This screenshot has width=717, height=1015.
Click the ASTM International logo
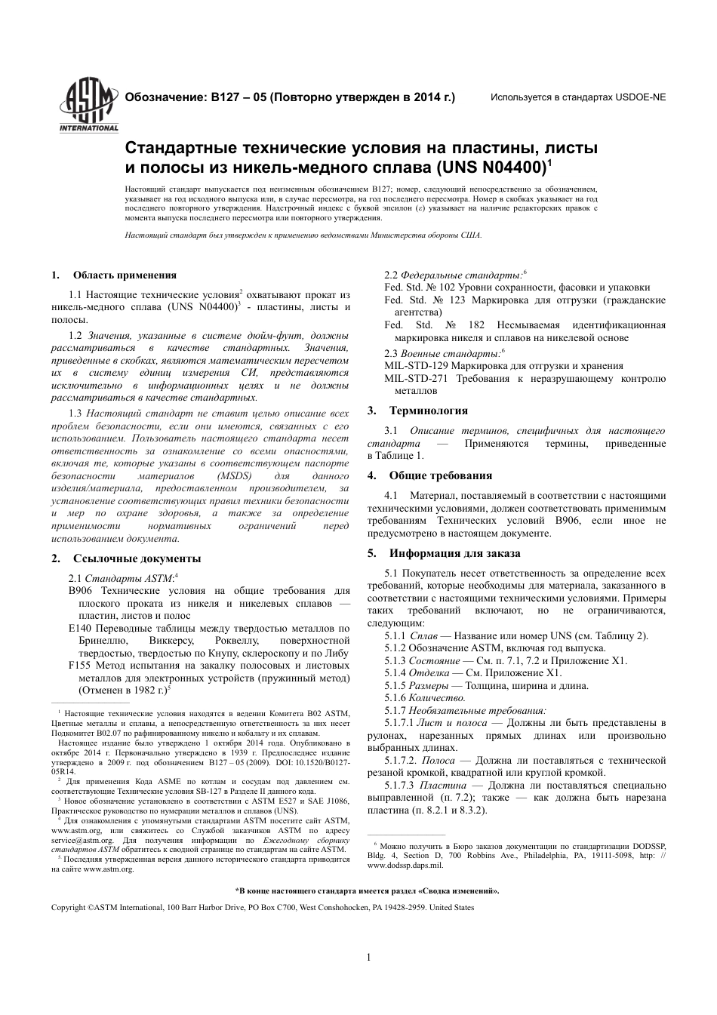[84, 106]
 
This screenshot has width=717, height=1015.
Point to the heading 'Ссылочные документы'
[137, 559]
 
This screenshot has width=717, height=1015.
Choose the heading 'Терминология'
[428, 411]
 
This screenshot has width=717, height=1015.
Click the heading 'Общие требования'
[440, 476]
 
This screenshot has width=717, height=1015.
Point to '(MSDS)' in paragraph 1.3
[239, 477]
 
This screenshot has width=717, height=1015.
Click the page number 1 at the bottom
[368, 958]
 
